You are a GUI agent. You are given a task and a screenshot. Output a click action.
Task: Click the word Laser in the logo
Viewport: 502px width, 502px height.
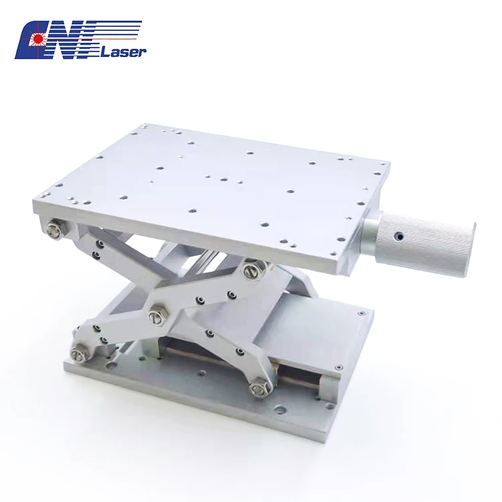pos(123,53)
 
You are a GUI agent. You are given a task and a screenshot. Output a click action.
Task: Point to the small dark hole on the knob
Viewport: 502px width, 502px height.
pos(399,236)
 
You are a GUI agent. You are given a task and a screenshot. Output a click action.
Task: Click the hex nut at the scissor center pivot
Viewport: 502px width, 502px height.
pos(158,316)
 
